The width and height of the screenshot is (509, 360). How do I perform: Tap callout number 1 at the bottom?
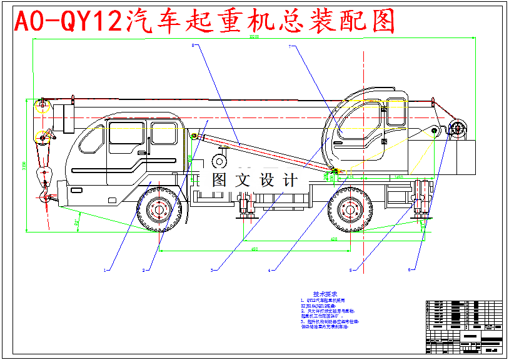(106, 271)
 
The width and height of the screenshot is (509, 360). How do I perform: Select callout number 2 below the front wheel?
(144, 271)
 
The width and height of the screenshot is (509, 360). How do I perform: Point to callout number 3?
(213, 271)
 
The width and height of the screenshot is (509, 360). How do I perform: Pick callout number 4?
(270, 271)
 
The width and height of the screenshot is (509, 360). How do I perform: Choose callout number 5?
(351, 271)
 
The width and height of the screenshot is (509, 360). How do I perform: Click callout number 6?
(410, 270)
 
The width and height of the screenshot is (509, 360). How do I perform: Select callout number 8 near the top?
(193, 45)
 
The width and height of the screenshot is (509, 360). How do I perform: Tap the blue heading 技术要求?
(325, 294)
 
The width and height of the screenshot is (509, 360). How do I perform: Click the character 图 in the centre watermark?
(219, 180)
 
